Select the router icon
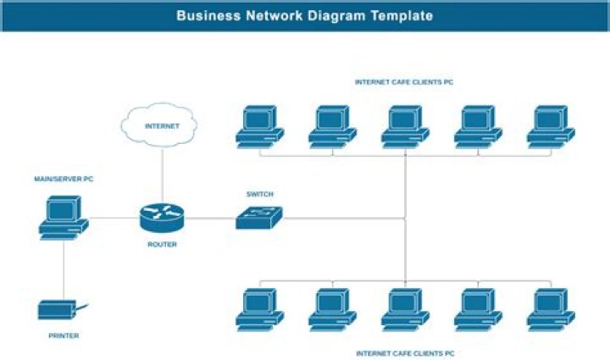tap(161, 218)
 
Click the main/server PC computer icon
tap(64, 218)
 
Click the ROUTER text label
tap(162, 245)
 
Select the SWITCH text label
tap(259, 194)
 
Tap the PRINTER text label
tap(64, 336)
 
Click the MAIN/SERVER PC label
tap(64, 180)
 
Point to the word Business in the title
tap(208, 15)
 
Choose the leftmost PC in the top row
tap(259, 126)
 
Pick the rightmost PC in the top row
tap(551, 126)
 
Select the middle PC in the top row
tap(405, 126)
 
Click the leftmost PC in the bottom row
tap(259, 309)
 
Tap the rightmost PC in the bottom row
tap(551, 309)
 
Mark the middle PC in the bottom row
tap(405, 309)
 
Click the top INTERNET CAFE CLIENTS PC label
tap(405, 82)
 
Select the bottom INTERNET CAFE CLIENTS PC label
tap(405, 352)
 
